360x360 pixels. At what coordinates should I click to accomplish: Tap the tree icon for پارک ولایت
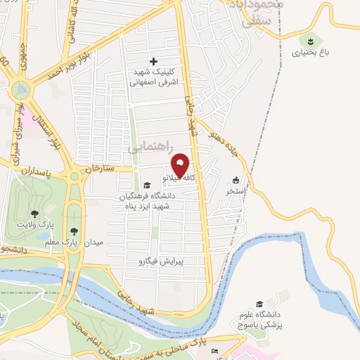click(x=34, y=212)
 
